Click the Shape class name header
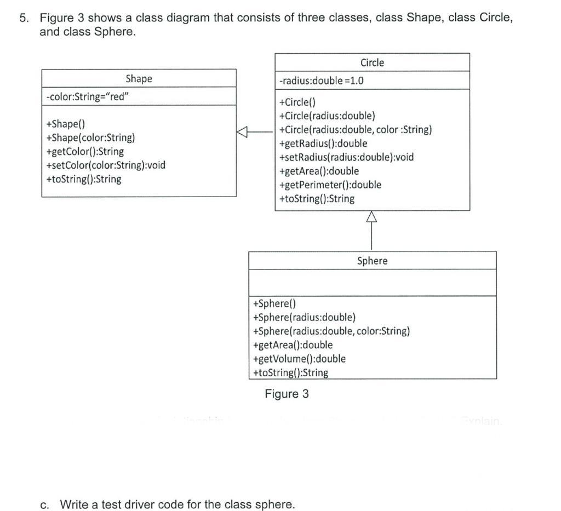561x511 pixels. (x=139, y=78)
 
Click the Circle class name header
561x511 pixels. (x=372, y=62)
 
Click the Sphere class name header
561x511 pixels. (x=372, y=261)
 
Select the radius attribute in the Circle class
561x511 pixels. (x=322, y=81)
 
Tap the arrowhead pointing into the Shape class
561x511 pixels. (x=243, y=131)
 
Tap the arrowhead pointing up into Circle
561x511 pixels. (x=372, y=217)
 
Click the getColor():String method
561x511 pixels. (x=85, y=151)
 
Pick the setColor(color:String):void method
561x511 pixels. (x=106, y=165)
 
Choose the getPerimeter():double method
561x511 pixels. (x=330, y=185)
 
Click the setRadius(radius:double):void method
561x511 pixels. (x=346, y=157)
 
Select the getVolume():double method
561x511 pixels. (x=299, y=359)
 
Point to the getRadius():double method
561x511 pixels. (x=323, y=143)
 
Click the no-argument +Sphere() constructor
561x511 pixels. (x=274, y=303)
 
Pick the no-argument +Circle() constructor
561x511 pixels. (x=297, y=102)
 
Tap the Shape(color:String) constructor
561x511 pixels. (x=90, y=137)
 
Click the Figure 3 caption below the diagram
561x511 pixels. (x=287, y=394)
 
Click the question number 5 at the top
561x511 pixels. (x=24, y=18)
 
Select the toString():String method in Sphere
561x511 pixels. (x=290, y=373)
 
